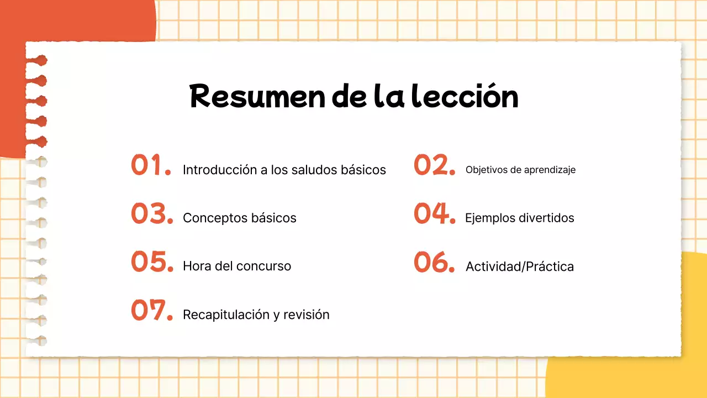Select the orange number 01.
(x=151, y=165)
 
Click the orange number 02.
(x=434, y=165)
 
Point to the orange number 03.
(x=152, y=213)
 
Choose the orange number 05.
(x=152, y=261)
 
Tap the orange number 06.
(x=434, y=262)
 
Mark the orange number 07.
(x=152, y=310)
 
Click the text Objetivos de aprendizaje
(x=520, y=170)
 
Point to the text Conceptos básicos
(x=240, y=218)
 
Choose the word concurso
(x=263, y=266)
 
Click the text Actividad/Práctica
(x=520, y=266)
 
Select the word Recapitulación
(x=225, y=315)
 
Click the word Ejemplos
(x=490, y=218)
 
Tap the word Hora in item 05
(x=195, y=266)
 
